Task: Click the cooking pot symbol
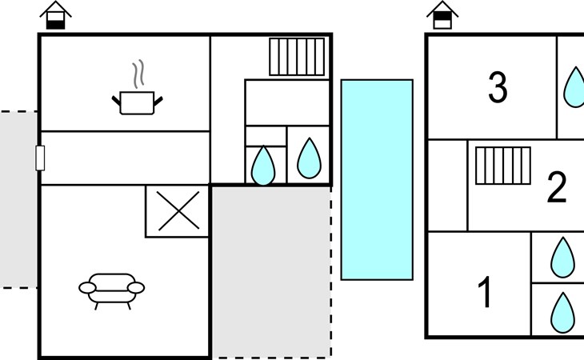click(x=137, y=103)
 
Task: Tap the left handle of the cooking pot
click(x=116, y=99)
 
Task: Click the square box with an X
click(x=178, y=211)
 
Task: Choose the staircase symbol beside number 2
click(x=503, y=166)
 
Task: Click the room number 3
click(x=498, y=88)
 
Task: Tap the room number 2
click(x=556, y=187)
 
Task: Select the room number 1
click(x=486, y=293)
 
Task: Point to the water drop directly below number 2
click(x=562, y=257)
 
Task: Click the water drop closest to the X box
click(x=263, y=165)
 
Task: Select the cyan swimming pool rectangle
click(x=377, y=179)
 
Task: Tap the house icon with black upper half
click(x=442, y=15)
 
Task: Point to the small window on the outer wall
click(x=40, y=158)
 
